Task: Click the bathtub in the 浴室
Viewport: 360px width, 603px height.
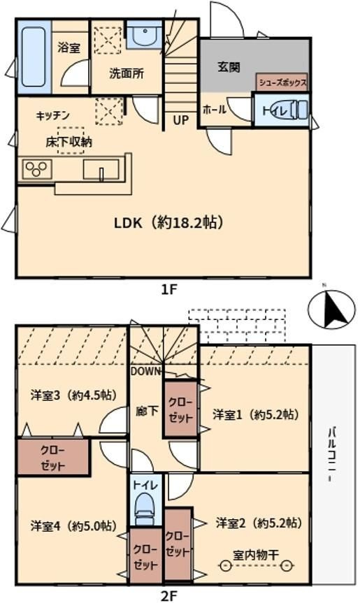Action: [34, 57]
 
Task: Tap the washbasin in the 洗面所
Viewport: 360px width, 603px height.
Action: [144, 35]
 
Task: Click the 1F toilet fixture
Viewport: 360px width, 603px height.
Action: [296, 109]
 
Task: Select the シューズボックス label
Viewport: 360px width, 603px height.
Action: [282, 82]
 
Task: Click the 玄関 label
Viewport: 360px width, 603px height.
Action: [229, 67]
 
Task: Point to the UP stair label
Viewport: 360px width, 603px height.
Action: [181, 120]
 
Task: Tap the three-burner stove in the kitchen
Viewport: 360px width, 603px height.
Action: [37, 169]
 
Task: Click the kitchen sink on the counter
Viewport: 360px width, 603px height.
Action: [101, 170]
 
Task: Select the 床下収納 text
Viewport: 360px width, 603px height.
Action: [69, 142]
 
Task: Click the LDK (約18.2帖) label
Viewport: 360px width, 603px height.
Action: [169, 222]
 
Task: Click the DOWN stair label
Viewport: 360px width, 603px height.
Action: [145, 371]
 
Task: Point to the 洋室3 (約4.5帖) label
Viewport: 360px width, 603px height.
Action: [73, 395]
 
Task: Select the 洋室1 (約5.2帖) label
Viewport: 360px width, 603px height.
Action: [256, 414]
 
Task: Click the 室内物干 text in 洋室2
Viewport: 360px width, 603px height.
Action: [256, 555]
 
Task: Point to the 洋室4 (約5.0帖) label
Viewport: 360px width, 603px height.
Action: [73, 525]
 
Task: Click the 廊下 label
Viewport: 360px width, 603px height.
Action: [147, 411]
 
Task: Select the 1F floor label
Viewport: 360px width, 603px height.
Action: [169, 289]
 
